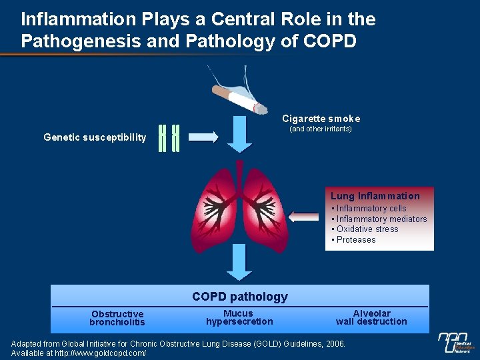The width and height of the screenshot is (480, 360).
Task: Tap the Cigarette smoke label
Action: (x=321, y=119)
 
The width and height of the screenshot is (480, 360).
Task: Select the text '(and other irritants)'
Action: (x=320, y=129)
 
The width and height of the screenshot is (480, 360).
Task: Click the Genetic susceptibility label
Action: (x=95, y=137)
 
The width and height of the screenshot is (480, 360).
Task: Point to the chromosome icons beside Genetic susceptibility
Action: (x=169, y=138)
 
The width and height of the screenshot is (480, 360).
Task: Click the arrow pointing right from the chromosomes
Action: (x=203, y=137)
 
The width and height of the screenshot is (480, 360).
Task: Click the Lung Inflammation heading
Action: (x=375, y=196)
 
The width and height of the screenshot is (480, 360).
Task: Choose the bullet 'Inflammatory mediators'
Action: (x=381, y=219)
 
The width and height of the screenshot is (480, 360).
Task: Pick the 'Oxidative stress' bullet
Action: (x=367, y=229)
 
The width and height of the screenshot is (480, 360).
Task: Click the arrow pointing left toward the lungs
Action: (x=305, y=217)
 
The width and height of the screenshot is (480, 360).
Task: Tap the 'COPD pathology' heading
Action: (x=240, y=297)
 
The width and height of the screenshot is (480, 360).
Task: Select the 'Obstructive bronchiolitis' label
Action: (x=117, y=318)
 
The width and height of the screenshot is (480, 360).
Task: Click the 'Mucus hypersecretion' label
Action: (x=239, y=317)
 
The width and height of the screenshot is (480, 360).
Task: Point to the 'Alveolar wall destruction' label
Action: (x=371, y=317)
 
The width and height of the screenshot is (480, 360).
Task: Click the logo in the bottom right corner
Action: (x=455, y=342)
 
